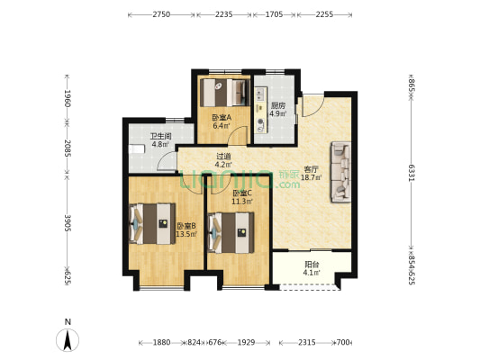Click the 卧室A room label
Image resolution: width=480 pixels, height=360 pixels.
pyautogui.click(x=222, y=121)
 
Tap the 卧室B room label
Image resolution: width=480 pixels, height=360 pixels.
pyautogui.click(x=186, y=230)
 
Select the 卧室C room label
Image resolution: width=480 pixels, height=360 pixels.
pyautogui.click(x=241, y=197)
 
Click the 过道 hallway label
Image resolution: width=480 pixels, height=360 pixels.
pyautogui.click(x=223, y=160)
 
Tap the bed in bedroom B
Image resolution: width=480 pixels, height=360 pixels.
pyautogui.click(x=151, y=224)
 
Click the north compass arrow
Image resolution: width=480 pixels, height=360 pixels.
pyautogui.click(x=68, y=340)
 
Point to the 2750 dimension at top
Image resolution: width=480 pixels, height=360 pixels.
pyautogui.click(x=162, y=15)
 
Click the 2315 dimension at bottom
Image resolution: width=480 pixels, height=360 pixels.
pyautogui.click(x=307, y=343)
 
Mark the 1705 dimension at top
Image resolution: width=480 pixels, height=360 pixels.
pyautogui.click(x=274, y=15)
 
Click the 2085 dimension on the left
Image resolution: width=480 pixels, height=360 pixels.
pyautogui.click(x=68, y=146)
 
